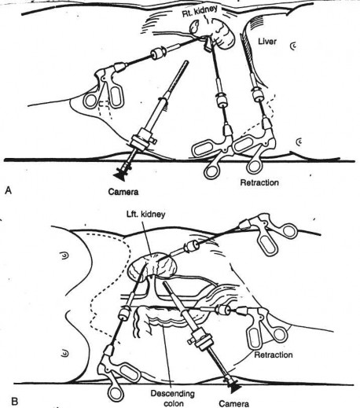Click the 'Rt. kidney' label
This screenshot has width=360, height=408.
click(x=200, y=11)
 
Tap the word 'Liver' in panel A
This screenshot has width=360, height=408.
click(x=267, y=42)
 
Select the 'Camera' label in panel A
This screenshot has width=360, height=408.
click(x=123, y=192)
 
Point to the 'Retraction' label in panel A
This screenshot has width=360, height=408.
click(x=259, y=182)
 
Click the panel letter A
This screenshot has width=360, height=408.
click(x=9, y=190)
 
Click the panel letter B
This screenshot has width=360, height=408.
click(x=15, y=401)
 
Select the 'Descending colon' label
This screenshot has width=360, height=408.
click(x=173, y=398)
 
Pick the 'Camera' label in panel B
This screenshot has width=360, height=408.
click(x=234, y=403)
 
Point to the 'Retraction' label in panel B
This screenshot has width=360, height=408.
click(x=274, y=355)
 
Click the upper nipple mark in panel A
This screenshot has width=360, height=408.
click(x=294, y=46)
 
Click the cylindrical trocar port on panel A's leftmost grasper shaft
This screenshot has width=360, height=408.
click(x=157, y=54)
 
